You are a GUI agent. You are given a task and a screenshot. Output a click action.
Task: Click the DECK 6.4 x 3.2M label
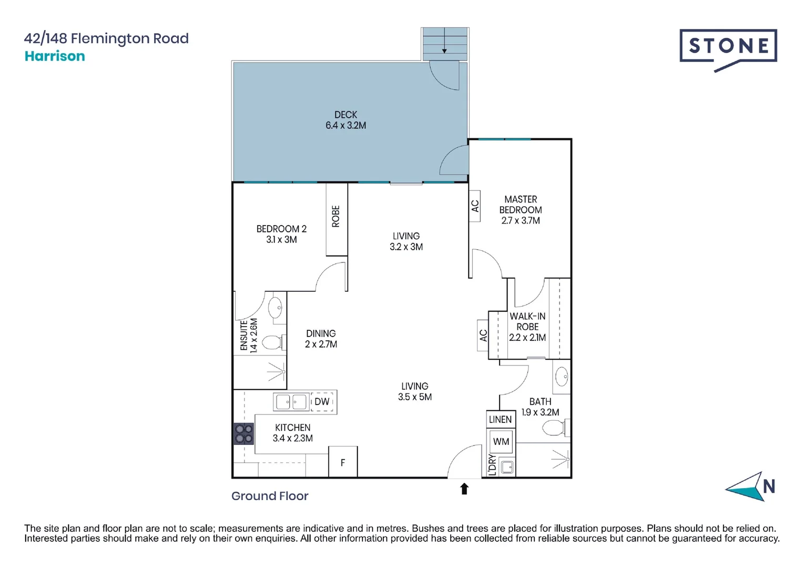coord(345,120)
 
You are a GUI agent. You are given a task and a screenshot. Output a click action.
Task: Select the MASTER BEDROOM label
coord(520,210)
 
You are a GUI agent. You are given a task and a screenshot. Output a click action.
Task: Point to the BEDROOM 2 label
coord(281,234)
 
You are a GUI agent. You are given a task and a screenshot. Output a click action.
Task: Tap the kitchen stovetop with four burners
coord(243,434)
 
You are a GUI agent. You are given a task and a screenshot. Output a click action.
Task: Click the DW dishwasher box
coord(322,402)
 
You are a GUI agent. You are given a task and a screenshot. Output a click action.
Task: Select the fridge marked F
coord(343,462)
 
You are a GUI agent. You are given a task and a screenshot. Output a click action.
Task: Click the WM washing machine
coord(501,442)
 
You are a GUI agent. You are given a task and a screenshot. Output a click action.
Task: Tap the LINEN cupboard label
coord(500,419)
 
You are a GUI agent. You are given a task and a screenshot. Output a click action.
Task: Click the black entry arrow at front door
coord(464,489)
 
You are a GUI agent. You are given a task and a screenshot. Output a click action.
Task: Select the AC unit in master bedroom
coord(475,206)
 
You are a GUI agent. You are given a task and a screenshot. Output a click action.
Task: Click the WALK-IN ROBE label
coord(527,327)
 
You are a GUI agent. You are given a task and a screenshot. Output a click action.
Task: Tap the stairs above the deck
coord(445,44)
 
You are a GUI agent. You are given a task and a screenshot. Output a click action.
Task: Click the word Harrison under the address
coord(55,56)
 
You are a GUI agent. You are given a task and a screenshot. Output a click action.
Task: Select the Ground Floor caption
coord(270,496)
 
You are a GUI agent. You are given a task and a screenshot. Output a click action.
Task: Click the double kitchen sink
coord(291,402)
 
